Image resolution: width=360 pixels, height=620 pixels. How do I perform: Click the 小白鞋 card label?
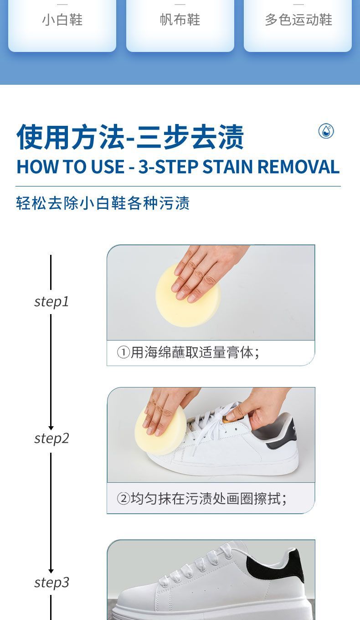(x=62, y=20)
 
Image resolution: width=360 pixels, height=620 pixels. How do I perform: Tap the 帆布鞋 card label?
(x=180, y=20)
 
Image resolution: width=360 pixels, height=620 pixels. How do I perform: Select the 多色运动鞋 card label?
(x=298, y=20)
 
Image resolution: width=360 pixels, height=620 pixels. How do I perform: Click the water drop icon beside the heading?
(x=326, y=131)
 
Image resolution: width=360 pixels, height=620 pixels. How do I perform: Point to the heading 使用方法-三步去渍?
(x=130, y=137)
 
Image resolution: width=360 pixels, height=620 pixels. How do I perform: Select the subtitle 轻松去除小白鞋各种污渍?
(x=103, y=203)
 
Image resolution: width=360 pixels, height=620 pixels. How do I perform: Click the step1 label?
(x=51, y=302)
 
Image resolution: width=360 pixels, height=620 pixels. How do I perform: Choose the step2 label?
(x=51, y=439)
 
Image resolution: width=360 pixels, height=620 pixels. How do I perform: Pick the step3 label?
(x=51, y=582)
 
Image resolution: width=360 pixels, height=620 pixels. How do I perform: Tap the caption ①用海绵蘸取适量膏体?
(x=188, y=353)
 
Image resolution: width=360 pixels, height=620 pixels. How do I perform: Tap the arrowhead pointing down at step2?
(x=51, y=428)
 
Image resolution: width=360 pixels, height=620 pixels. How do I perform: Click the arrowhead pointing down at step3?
(x=51, y=571)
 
